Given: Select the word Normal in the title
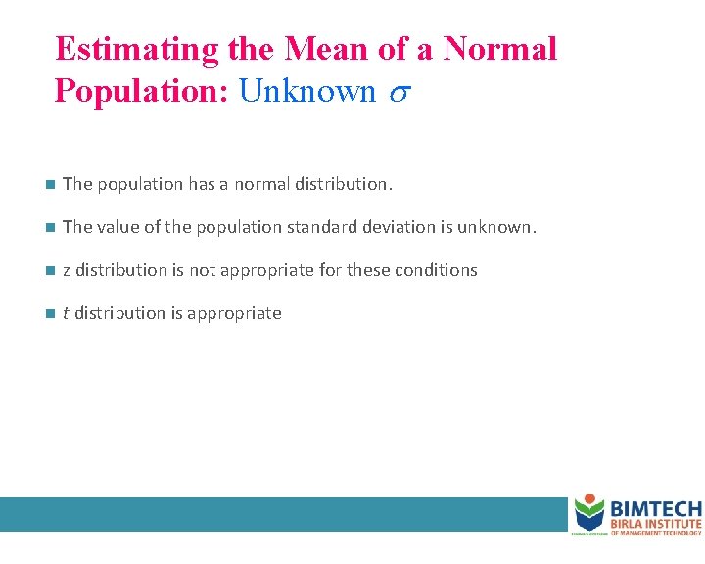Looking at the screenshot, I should coord(500,49).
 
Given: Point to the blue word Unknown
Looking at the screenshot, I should coord(307,91).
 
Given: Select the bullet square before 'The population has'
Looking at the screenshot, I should coord(49,184).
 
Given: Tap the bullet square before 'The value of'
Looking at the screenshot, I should coord(49,227).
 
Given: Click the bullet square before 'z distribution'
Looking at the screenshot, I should coord(49,270).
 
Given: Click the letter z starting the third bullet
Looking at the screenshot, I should coord(67,271).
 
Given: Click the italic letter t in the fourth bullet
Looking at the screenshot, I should coord(66,313).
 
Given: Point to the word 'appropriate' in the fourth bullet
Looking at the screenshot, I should coord(241,314).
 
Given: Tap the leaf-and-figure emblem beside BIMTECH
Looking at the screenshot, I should coord(588,512).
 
